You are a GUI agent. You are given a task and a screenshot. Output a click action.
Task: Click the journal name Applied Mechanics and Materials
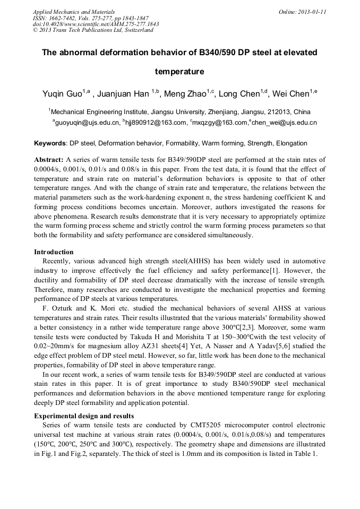pyautogui.click(x=73, y=11)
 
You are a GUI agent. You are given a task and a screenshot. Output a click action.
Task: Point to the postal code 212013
pyautogui.click(x=270, y=112)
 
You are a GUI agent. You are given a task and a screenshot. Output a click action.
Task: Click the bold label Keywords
pyautogui.click(x=50, y=143)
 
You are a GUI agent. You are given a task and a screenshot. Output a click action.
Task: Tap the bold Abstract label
pyautogui.click(x=49, y=159)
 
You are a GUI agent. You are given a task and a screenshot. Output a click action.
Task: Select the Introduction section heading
pyautogui.click(x=54, y=252)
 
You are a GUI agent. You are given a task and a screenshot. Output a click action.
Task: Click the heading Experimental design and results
pyautogui.click(x=84, y=416)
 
